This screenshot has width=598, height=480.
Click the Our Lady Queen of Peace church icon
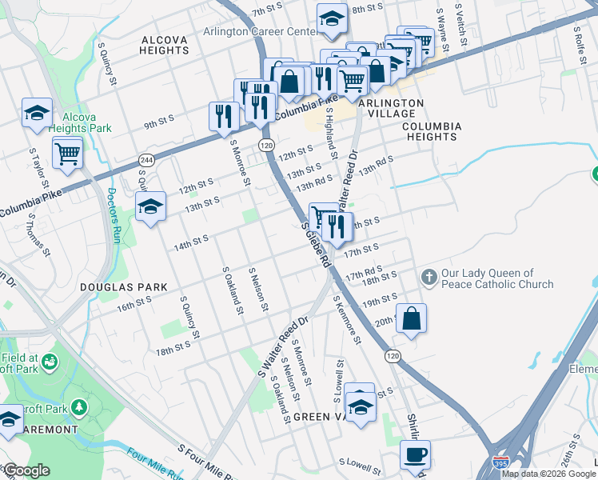click(x=429, y=278)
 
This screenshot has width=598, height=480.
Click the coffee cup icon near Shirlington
click(x=414, y=455)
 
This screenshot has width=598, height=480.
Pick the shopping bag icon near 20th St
click(x=411, y=318)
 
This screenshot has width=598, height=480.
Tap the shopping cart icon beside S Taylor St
click(x=68, y=151)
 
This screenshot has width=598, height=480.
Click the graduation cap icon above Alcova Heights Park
click(x=37, y=113)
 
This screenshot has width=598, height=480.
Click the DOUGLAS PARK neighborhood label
click(x=123, y=286)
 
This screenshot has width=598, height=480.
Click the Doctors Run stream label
click(x=112, y=210)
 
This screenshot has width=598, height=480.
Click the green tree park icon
click(x=78, y=408)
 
